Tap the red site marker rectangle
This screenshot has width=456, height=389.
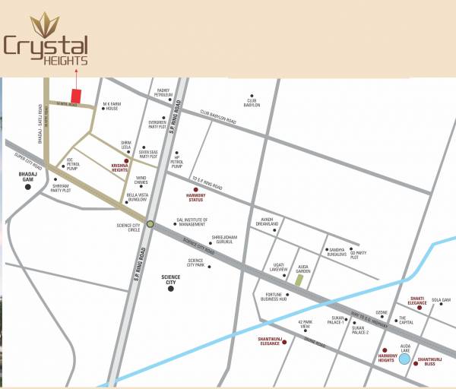[x=76, y=96]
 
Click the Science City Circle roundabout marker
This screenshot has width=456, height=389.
[x=150, y=223]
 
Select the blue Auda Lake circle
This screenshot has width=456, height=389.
[x=404, y=358]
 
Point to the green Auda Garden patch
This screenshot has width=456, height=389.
[x=299, y=280]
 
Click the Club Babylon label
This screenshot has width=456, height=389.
[x=252, y=103]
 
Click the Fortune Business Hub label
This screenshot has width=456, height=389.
[x=274, y=297]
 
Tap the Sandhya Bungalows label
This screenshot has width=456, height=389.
[x=337, y=253]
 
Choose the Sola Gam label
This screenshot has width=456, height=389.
[x=442, y=300]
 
